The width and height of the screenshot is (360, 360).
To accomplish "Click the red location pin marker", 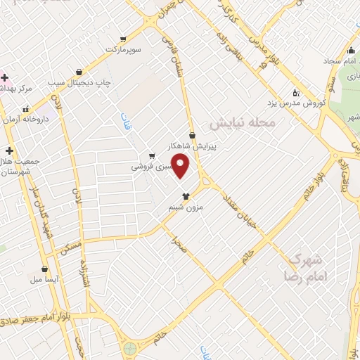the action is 181,166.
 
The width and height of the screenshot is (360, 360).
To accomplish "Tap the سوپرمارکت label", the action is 124,49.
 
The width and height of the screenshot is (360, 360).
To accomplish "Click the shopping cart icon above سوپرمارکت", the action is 124,39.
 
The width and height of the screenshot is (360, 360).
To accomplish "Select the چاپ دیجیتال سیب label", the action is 81,82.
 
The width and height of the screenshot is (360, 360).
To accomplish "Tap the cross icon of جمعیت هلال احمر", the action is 9,150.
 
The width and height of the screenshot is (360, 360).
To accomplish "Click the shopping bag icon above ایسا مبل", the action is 44,269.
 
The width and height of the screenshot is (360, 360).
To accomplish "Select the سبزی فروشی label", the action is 148,168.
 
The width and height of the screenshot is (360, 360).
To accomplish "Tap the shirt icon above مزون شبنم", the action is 186,196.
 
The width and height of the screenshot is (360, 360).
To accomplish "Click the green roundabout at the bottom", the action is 129,347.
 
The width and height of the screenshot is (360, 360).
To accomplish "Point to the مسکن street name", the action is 72,241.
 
